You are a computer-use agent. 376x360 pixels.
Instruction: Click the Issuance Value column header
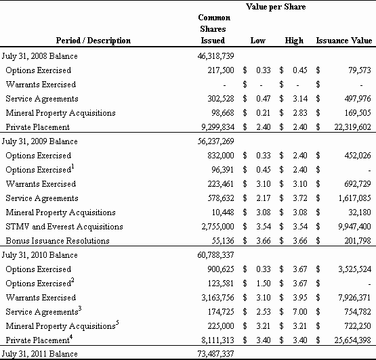[344, 41]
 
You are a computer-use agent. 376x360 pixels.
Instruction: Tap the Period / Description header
[93, 41]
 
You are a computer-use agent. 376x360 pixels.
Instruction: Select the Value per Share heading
[276, 7]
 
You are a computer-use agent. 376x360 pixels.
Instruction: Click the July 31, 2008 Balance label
[39, 56]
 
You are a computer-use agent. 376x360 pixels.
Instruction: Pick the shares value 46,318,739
[215, 56]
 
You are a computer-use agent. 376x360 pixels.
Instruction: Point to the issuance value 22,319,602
[353, 127]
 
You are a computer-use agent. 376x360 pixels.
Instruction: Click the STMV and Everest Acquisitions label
[64, 227]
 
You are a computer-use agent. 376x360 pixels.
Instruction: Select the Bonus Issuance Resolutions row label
[58, 241]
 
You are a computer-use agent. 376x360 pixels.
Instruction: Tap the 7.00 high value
[300, 312]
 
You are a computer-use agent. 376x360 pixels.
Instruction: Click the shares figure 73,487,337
[215, 354]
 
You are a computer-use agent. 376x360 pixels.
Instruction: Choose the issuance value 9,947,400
[354, 227]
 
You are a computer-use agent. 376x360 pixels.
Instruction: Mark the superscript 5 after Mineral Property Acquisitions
[117, 323]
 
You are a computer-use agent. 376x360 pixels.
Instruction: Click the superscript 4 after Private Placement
[71, 337]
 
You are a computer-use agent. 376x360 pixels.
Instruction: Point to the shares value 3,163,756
[217, 298]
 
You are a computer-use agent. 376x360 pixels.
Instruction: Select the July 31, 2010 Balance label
[39, 255]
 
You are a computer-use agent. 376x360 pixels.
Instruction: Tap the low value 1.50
[264, 284]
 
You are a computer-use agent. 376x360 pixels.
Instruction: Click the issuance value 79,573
[360, 70]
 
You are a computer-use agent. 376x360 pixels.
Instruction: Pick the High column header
[294, 41]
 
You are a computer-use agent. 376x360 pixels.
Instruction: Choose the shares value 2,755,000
[217, 227]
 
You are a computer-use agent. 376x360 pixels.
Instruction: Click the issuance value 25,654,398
[353, 340]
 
